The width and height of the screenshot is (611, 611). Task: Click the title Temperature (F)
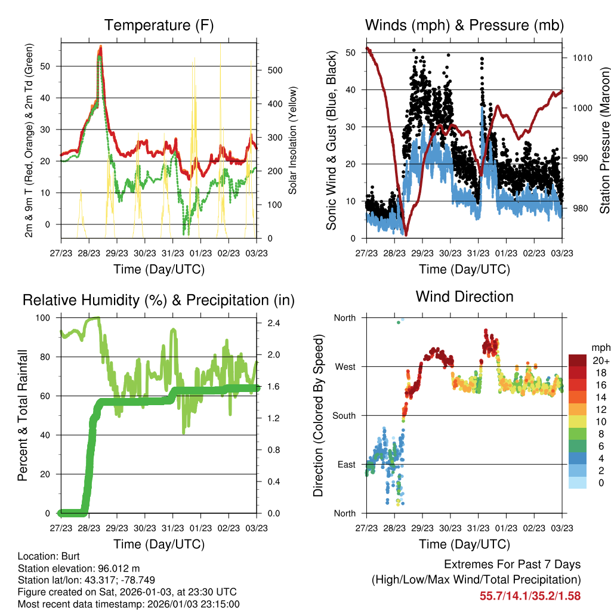(x=159, y=25)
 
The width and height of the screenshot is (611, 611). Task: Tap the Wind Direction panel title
(x=464, y=297)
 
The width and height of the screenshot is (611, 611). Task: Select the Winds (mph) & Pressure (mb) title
(x=464, y=25)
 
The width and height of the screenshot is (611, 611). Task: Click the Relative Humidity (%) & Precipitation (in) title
(x=159, y=300)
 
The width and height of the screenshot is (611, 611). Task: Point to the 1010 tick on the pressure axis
(x=582, y=58)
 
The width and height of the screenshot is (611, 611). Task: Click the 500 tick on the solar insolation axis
(x=274, y=70)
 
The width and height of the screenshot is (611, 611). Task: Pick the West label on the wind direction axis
(x=344, y=367)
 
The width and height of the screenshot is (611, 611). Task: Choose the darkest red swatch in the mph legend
(x=577, y=360)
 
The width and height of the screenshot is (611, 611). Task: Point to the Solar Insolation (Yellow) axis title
(x=293, y=141)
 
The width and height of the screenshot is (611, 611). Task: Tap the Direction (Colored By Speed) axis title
(x=319, y=416)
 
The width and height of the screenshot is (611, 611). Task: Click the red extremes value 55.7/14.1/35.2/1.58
(x=530, y=595)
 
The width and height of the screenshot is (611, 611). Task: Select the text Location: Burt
(x=45, y=556)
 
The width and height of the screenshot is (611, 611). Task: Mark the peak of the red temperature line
(x=101, y=48)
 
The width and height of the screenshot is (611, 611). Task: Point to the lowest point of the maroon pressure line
(x=406, y=234)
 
